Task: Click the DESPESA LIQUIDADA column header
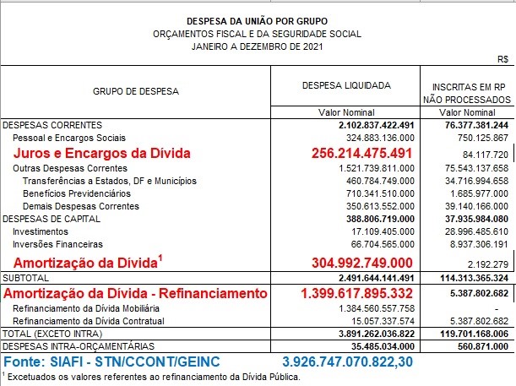click(345, 85)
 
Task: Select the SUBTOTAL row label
click(25, 277)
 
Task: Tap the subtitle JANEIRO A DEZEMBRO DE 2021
click(258, 46)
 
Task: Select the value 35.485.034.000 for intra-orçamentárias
click(377, 345)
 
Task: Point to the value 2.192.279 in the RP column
click(486, 264)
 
